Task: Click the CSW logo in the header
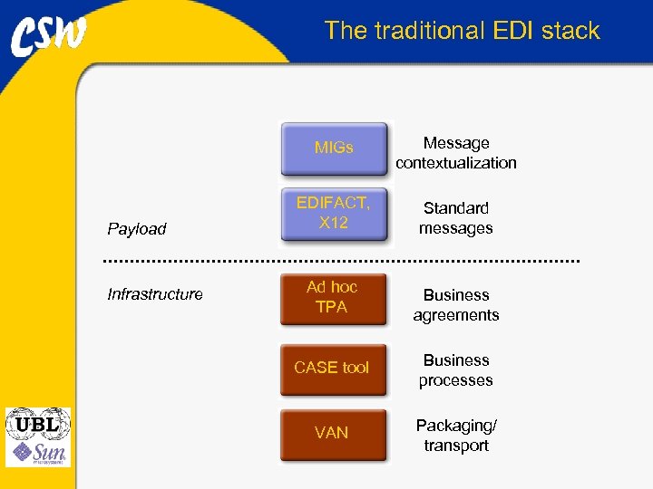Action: click(x=49, y=36)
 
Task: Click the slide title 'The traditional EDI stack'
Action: click(x=462, y=31)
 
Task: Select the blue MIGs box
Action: click(x=334, y=148)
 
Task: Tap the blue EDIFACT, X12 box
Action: click(x=334, y=214)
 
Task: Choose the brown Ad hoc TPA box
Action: click(x=332, y=298)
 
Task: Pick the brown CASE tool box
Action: click(x=332, y=368)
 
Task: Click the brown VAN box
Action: click(x=332, y=433)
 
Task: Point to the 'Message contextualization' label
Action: click(x=456, y=153)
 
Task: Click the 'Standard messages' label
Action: click(x=456, y=218)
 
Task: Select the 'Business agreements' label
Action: click(x=456, y=305)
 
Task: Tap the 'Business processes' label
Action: click(x=456, y=370)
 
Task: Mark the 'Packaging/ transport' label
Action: click(x=456, y=436)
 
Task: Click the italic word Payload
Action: click(x=137, y=229)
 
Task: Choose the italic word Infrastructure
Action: click(x=155, y=294)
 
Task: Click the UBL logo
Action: click(x=37, y=423)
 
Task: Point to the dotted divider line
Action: click(x=340, y=261)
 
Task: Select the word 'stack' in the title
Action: click(x=571, y=31)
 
